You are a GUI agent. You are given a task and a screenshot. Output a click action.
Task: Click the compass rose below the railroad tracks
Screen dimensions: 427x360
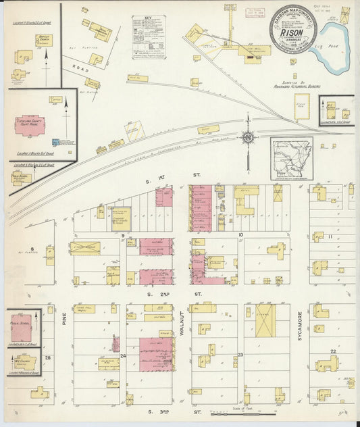click(248, 138)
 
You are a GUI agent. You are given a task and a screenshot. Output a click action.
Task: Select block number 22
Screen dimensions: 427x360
click(333, 351)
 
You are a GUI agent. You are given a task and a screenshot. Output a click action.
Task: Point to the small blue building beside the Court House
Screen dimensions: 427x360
click(55, 142)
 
